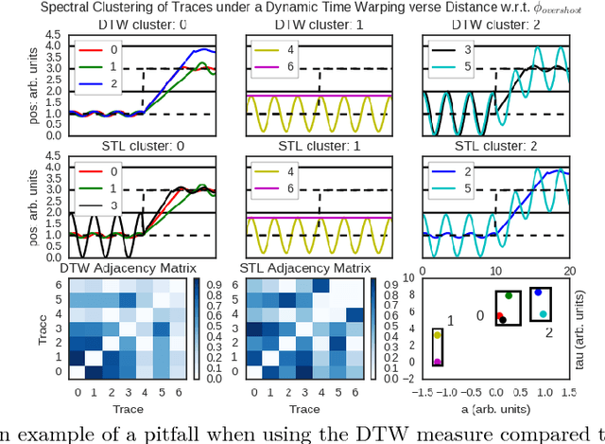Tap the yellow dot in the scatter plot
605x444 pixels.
point(437,335)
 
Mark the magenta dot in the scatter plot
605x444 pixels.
point(437,362)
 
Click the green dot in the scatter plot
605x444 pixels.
point(509,296)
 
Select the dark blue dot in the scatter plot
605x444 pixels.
point(537,293)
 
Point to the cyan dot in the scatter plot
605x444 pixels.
point(543,313)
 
